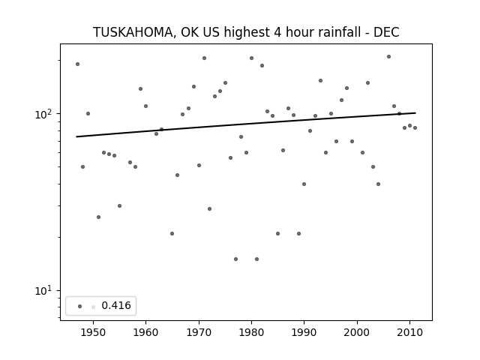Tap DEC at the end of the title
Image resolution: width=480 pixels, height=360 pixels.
[x=386, y=32]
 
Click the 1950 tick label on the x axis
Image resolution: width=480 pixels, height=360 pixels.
[x=93, y=332]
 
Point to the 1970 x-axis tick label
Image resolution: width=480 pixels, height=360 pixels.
[x=199, y=332]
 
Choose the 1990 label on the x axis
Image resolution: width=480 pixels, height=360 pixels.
[x=304, y=332]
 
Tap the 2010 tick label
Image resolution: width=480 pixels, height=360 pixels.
[x=409, y=332]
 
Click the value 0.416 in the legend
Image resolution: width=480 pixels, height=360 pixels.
[x=116, y=305]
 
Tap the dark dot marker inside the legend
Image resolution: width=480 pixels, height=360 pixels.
[x=80, y=307]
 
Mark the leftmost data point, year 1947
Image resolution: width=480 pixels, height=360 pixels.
[x=78, y=64]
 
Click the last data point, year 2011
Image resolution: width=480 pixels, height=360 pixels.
[x=415, y=128]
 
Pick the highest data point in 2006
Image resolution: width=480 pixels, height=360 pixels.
[x=388, y=57]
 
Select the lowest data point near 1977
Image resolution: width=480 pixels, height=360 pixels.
[x=235, y=259]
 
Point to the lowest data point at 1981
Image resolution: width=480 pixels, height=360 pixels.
[x=256, y=259]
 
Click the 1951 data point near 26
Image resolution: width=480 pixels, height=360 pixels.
[x=98, y=217]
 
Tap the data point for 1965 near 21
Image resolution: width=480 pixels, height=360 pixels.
[x=172, y=234]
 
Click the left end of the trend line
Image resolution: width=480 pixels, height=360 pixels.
[x=76, y=136]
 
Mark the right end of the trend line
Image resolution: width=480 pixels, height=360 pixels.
[x=415, y=113]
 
